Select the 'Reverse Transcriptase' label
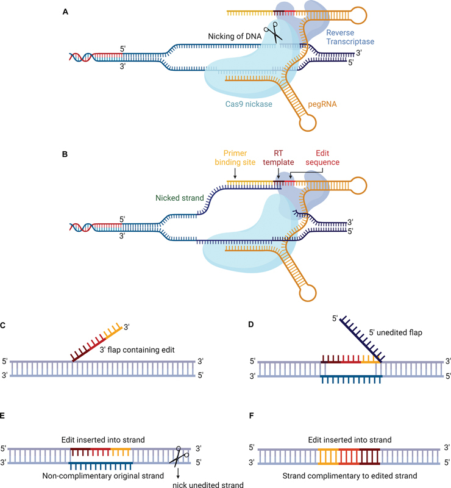[x=350, y=37]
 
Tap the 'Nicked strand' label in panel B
[x=174, y=197]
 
